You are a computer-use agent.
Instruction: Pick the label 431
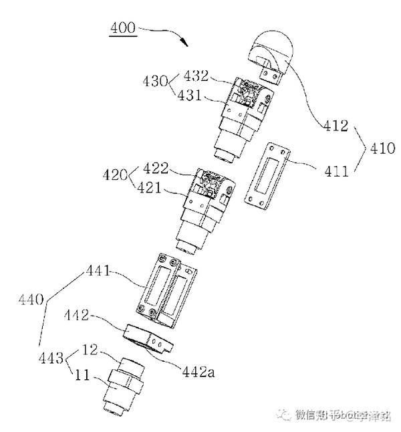pos(197,95)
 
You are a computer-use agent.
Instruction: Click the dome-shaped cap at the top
pos(276,54)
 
